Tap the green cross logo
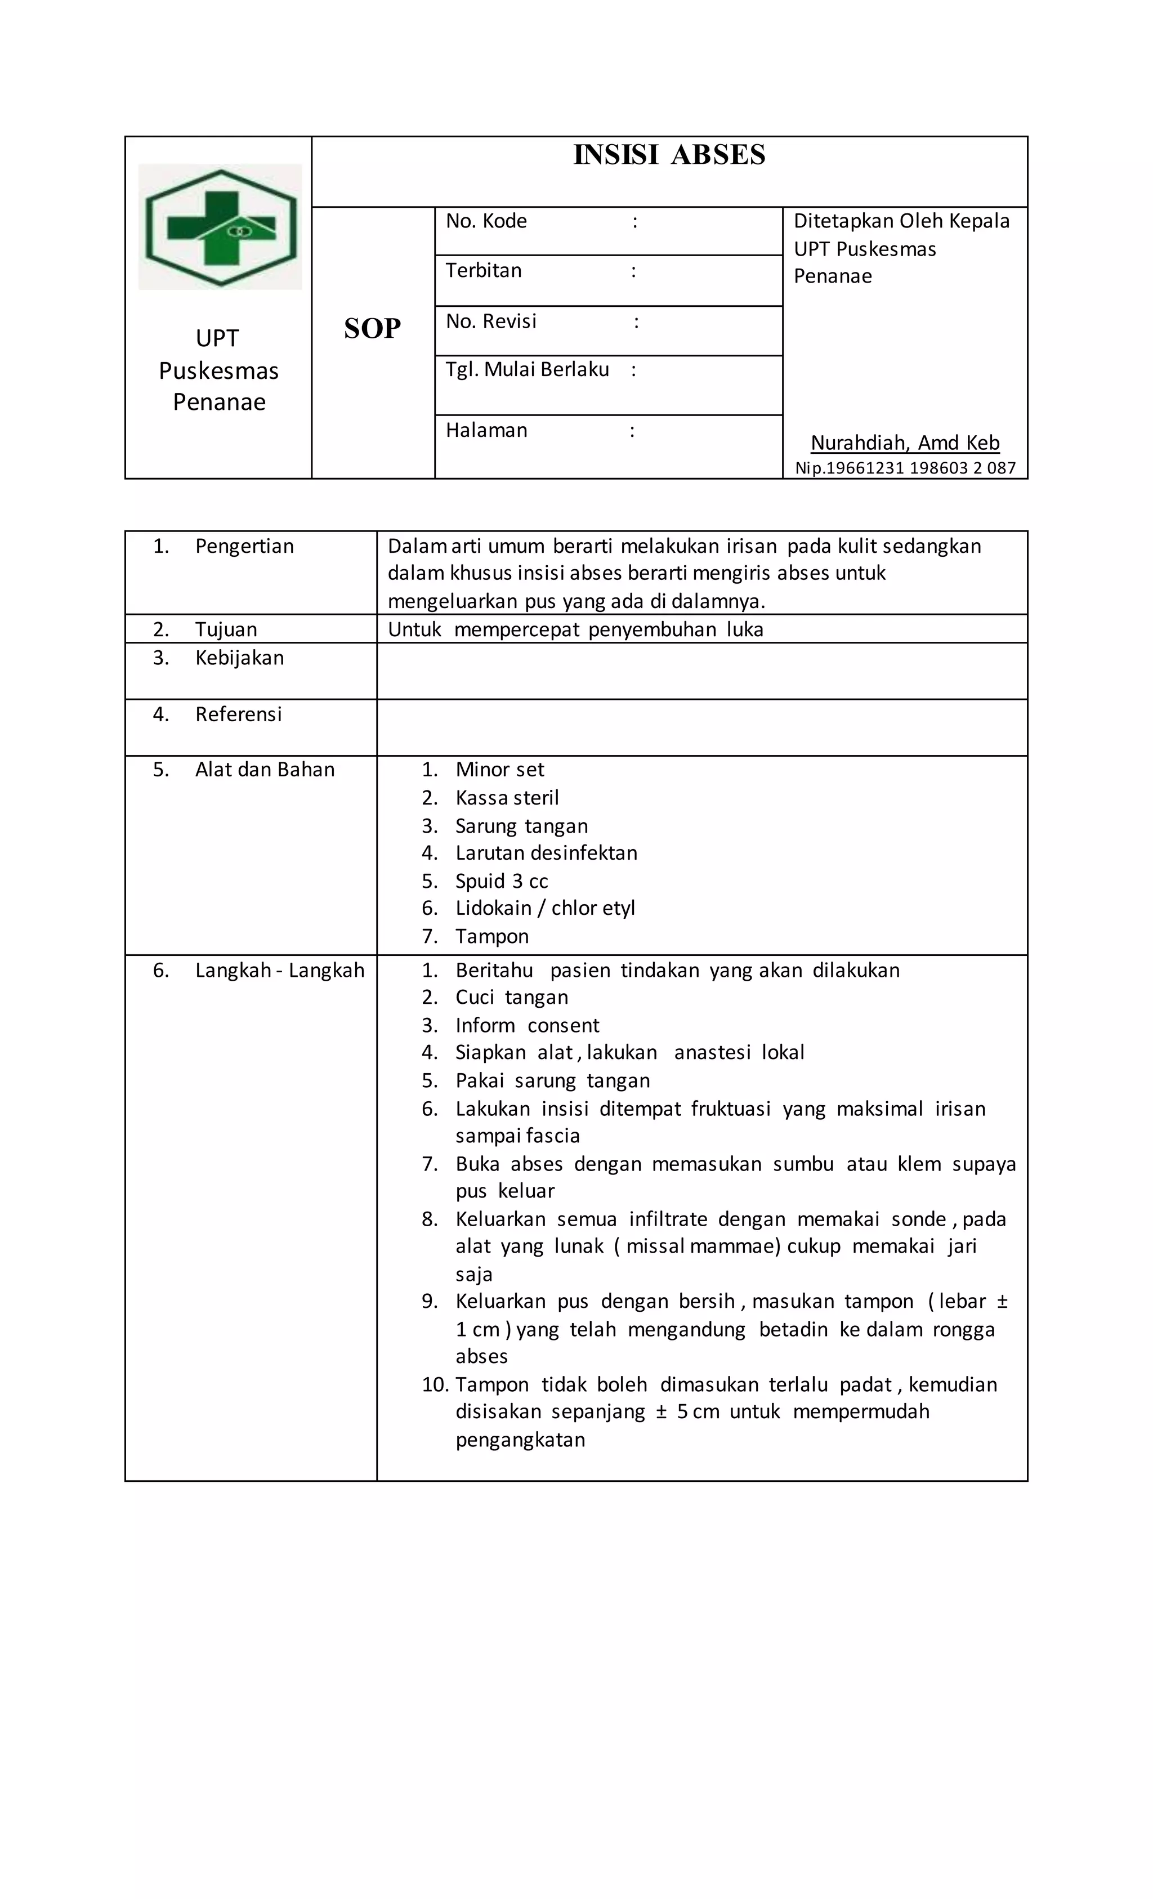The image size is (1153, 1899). click(221, 227)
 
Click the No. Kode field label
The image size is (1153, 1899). click(486, 222)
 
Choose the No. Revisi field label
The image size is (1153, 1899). click(491, 321)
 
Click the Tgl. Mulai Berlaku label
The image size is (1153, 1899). click(527, 370)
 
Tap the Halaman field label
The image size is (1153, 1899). click(486, 431)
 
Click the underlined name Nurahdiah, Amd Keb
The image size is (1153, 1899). click(905, 443)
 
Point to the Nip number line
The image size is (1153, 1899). click(905, 468)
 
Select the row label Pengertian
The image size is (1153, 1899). click(244, 547)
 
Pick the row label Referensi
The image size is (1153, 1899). click(238, 714)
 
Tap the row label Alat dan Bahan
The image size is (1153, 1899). click(265, 770)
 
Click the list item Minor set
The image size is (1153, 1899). click(499, 770)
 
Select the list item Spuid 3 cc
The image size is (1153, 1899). click(501, 882)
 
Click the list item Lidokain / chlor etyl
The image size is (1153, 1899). click(545, 909)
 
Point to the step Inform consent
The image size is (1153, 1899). click(526, 1026)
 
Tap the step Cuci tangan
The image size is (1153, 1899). click(511, 997)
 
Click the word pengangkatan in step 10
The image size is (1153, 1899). click(520, 1440)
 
